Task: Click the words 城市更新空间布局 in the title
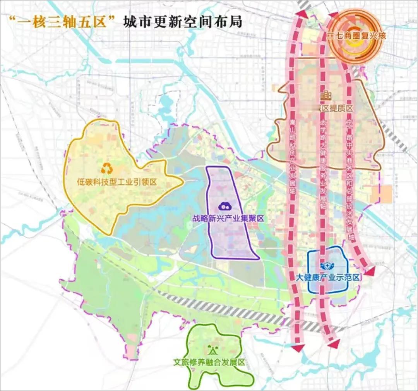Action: [182, 21]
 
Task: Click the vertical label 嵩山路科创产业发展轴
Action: [293, 155]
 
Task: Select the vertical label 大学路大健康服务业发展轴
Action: [323, 159]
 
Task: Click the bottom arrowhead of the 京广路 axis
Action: [370, 271]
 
